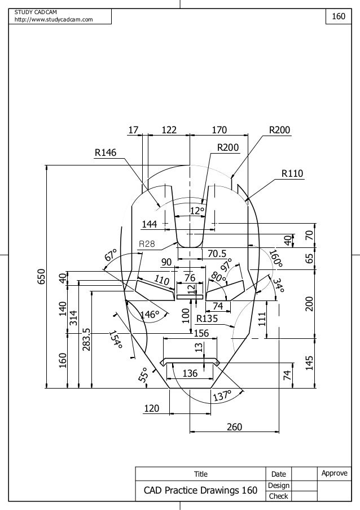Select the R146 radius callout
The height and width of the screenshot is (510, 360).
(x=105, y=152)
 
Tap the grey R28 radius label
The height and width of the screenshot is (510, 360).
(x=147, y=244)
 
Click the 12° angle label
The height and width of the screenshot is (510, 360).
(x=196, y=211)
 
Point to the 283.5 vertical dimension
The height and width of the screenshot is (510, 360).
(x=86, y=339)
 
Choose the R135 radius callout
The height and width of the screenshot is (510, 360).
(x=208, y=319)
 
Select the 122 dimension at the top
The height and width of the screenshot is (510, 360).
(x=169, y=130)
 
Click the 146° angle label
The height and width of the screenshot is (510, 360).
(x=150, y=314)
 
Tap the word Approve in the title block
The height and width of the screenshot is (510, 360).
(x=334, y=473)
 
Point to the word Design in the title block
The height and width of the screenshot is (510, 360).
(x=279, y=485)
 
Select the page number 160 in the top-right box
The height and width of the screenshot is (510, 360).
(x=339, y=17)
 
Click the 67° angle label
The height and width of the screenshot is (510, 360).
(x=111, y=255)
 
